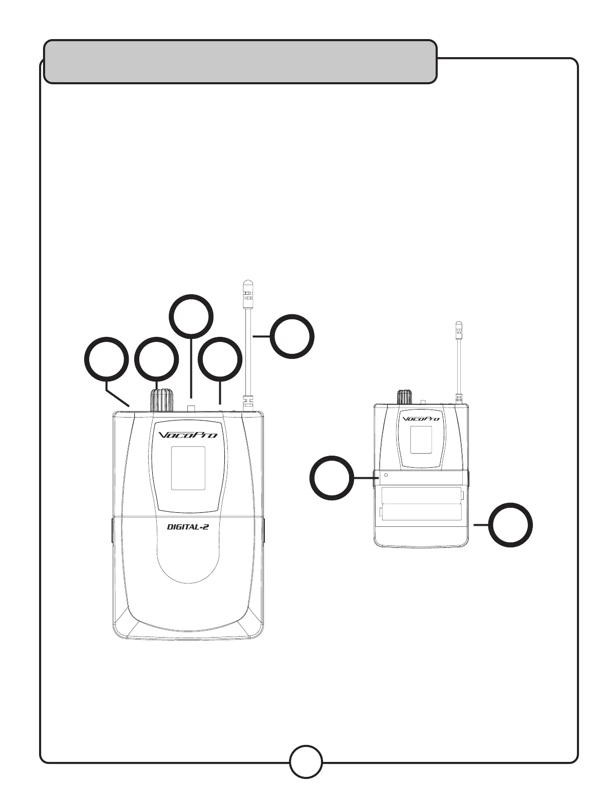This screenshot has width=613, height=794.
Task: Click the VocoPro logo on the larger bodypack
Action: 188,435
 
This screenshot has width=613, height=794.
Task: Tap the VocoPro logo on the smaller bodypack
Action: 421,418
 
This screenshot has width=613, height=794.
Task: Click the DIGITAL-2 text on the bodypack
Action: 187,527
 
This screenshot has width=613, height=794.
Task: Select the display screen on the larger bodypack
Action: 188,469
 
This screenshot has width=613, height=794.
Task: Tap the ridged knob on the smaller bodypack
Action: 405,398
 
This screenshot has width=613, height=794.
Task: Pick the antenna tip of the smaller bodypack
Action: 458,328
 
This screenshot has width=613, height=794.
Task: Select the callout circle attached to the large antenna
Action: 292,336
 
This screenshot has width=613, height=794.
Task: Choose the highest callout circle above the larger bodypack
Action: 191,315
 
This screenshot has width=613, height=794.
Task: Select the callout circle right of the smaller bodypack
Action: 510,525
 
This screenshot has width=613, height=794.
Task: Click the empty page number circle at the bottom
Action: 306,762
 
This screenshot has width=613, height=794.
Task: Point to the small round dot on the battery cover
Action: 386,475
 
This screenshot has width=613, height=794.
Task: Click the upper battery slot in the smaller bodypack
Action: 421,495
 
